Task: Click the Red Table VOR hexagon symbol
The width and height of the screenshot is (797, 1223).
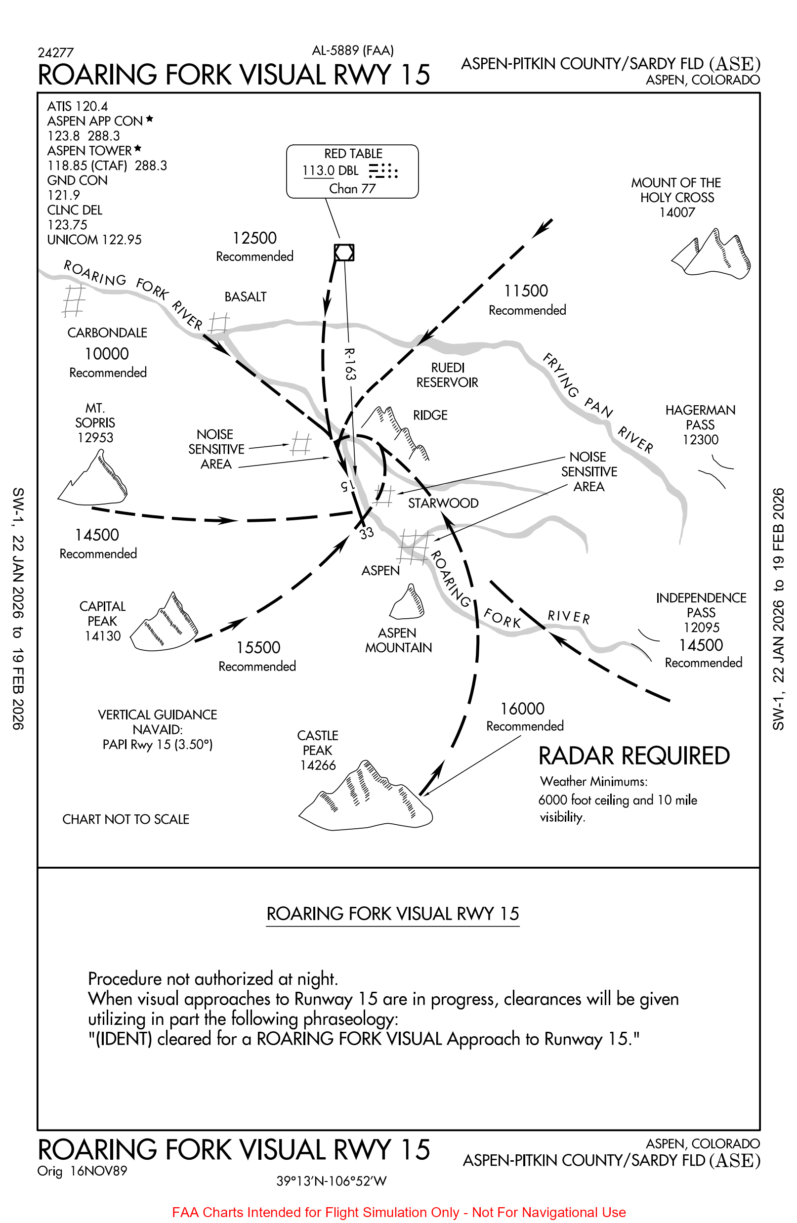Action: pos(344,253)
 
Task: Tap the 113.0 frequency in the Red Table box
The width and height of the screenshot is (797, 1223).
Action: pos(318,170)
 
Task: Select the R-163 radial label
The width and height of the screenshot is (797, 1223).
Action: pos(349,364)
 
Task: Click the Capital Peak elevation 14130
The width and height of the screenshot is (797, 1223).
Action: pos(103,636)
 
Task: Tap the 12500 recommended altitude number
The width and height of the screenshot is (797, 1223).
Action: pos(254,239)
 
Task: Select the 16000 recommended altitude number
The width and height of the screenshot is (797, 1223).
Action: pos(522,709)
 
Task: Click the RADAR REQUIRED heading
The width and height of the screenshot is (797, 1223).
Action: pos(633,757)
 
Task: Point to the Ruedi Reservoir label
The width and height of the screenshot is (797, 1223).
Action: pos(447,375)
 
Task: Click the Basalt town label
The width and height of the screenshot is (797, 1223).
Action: pos(245,297)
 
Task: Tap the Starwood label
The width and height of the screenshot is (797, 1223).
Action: pos(443,503)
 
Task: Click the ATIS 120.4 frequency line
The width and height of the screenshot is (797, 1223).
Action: pos(78,106)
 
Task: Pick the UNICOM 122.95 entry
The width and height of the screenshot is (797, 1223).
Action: pos(94,240)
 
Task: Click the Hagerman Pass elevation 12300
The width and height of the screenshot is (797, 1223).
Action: pos(700,440)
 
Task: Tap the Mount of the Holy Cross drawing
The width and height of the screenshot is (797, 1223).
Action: pos(712,254)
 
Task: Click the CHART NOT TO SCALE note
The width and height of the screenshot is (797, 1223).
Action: pos(126,819)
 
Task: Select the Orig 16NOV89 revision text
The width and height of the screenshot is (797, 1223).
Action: pos(82,1171)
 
